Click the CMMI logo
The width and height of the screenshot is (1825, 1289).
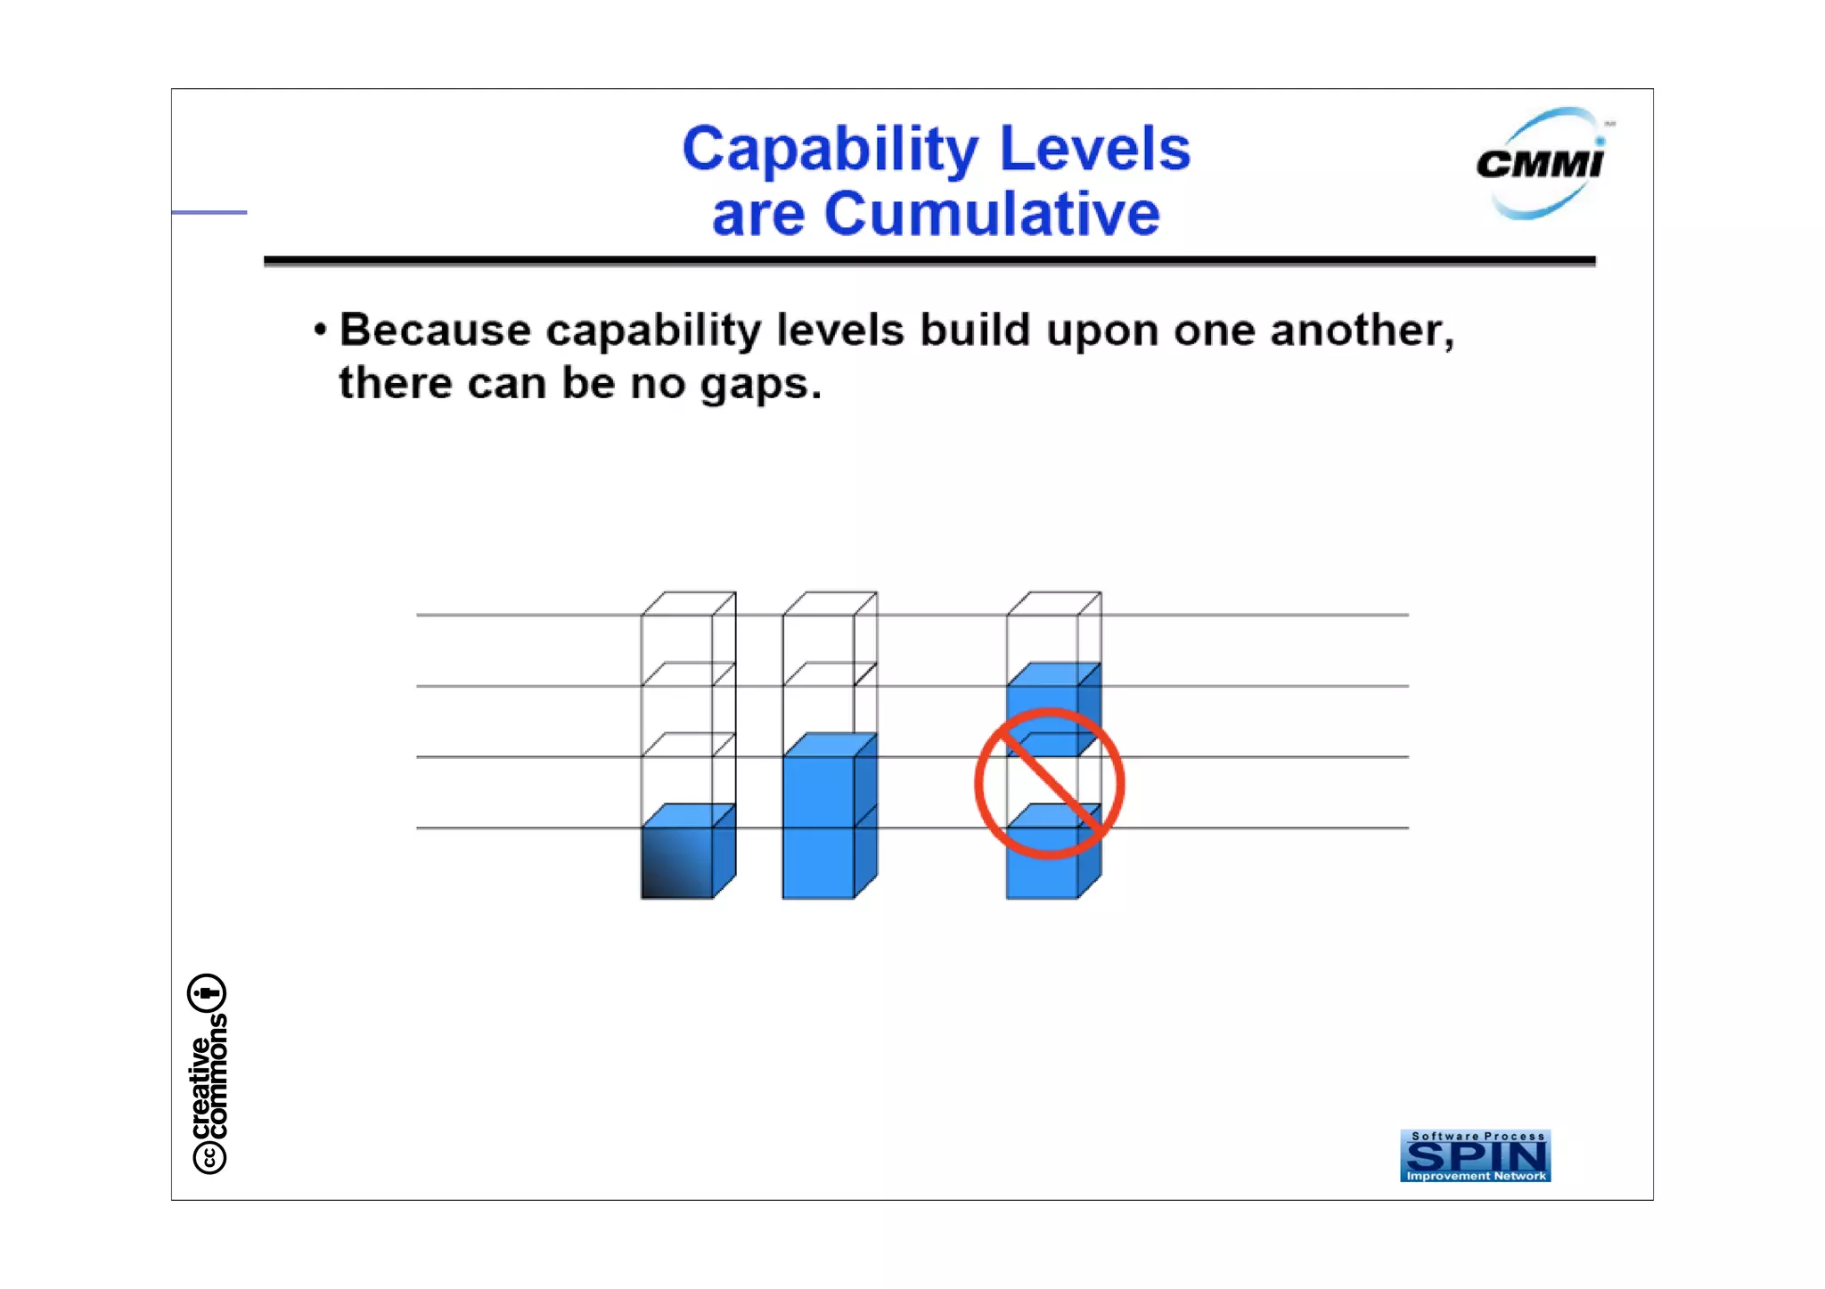1541,164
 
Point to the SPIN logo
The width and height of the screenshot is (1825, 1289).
1475,1155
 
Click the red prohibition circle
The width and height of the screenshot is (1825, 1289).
1049,783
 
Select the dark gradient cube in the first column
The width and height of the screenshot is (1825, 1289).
677,861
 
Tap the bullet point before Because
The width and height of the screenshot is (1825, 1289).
320,330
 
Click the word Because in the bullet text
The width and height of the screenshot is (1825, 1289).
436,330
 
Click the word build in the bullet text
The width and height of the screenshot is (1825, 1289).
976,330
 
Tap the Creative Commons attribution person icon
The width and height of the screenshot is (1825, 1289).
208,992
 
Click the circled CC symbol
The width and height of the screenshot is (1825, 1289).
209,1157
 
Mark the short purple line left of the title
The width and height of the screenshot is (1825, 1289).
209,212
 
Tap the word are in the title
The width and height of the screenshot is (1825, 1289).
758,215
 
